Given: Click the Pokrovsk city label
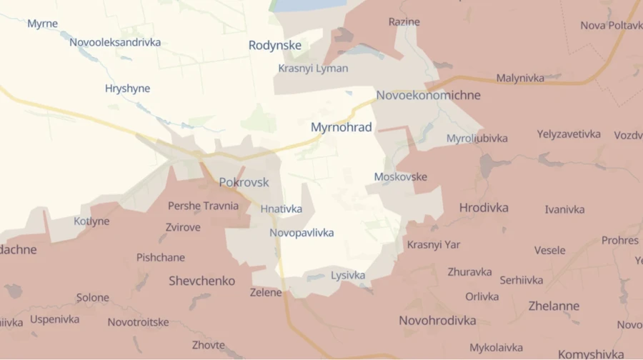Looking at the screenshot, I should (x=244, y=182).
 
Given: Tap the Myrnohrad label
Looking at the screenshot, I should (x=341, y=127).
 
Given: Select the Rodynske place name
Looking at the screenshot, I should (x=274, y=45).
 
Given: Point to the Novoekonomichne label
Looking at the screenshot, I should (x=428, y=95).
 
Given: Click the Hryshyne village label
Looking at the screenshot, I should (x=127, y=89).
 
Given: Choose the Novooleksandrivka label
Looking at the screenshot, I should (x=115, y=42).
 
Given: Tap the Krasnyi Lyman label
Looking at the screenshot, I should (x=313, y=69).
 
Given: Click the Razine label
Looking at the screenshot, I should (x=404, y=21).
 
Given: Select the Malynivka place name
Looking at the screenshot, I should (x=519, y=78).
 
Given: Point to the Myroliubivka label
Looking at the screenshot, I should (x=477, y=138).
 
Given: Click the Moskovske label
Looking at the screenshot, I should (x=400, y=176).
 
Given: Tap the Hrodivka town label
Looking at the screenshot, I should (x=484, y=207).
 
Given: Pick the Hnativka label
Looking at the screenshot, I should (x=281, y=209).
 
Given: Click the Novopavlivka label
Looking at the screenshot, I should (x=301, y=233).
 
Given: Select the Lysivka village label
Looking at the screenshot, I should (x=348, y=275).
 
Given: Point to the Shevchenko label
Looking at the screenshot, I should (x=201, y=281).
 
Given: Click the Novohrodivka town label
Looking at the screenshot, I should (x=437, y=320).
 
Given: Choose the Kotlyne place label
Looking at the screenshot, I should (x=91, y=221).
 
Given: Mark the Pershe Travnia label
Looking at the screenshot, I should (x=203, y=206).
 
